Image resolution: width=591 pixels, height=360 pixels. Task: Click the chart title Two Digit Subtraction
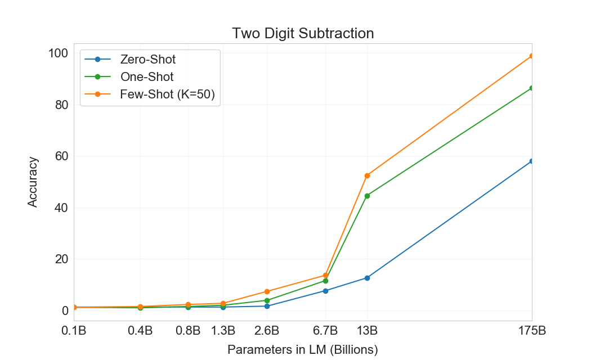coord(303,34)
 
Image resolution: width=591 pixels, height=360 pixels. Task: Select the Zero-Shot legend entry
coord(147,59)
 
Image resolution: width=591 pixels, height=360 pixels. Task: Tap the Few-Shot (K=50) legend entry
coord(167,94)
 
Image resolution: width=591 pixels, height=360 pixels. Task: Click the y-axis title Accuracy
coord(33,182)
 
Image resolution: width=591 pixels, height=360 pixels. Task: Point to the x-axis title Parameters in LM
coord(302,349)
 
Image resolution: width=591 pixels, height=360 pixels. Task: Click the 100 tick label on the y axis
coord(57,53)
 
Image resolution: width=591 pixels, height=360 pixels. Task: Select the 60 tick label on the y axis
coord(60,156)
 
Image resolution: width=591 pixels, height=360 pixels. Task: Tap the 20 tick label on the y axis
coord(60,259)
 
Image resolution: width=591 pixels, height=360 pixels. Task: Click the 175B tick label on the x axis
coord(531,330)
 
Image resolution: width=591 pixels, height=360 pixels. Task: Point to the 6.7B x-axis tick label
coord(325,330)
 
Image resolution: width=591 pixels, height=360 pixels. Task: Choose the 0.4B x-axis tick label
coord(140,330)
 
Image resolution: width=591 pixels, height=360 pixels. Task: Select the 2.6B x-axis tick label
coord(267,330)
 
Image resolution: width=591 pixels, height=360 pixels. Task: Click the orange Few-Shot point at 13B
coord(367,175)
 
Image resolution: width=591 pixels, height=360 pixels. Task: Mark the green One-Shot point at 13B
coord(367,196)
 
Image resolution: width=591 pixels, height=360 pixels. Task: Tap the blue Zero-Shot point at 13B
coord(367,278)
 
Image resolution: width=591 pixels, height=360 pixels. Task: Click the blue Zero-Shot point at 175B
coord(531,161)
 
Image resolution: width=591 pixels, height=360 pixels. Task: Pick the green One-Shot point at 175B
coord(531,88)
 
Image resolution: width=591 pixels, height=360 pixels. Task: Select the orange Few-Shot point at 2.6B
coord(267,291)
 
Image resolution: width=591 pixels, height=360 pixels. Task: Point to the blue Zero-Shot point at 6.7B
coord(325,291)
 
